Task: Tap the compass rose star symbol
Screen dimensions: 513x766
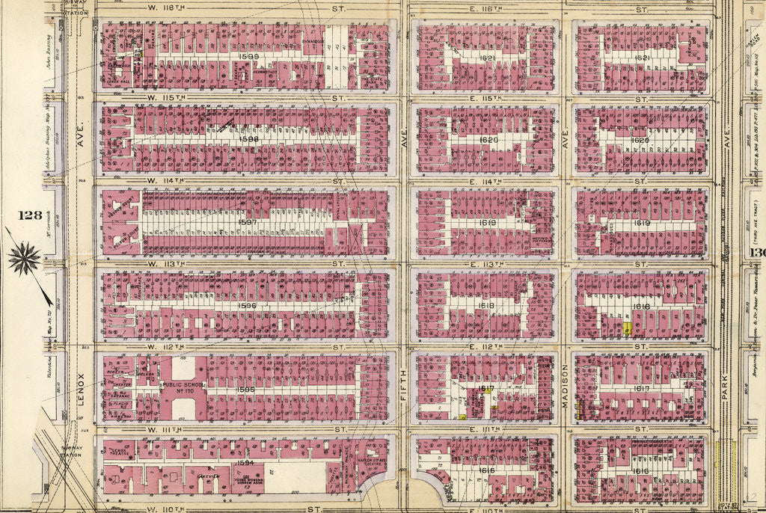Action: click(x=24, y=259)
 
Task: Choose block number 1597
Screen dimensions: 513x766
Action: click(x=248, y=222)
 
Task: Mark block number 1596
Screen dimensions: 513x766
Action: click(x=247, y=305)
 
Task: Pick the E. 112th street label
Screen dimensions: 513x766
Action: click(x=473, y=347)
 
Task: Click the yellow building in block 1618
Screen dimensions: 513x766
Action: click(x=628, y=328)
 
